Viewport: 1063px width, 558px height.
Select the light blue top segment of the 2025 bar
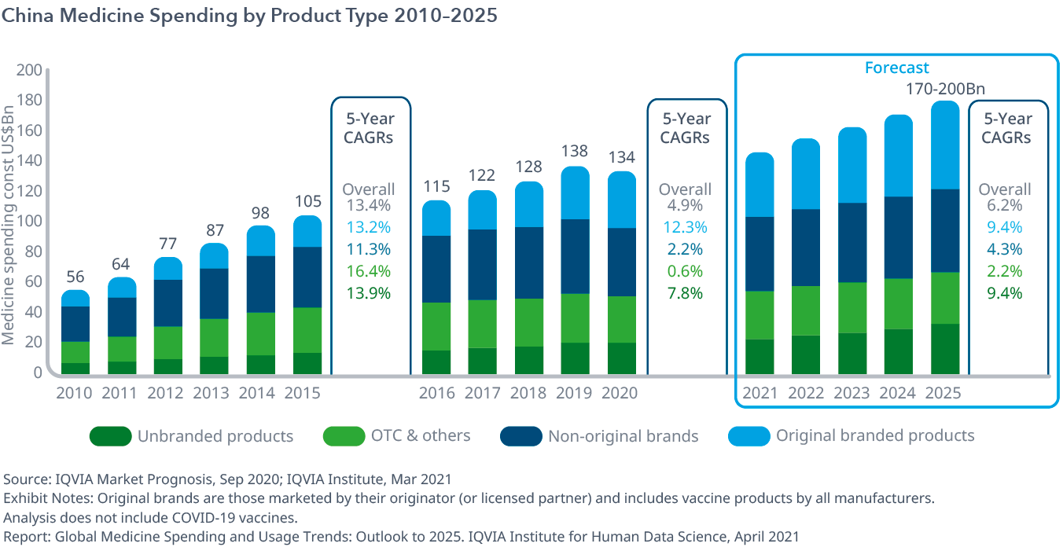tap(945, 145)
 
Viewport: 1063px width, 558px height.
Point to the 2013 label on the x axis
tap(213, 393)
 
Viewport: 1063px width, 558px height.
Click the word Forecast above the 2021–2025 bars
tap(896, 68)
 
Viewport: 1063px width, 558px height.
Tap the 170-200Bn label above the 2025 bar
tap(945, 89)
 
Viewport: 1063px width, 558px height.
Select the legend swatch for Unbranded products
tap(109, 436)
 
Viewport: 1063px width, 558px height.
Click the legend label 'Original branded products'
tap(875, 435)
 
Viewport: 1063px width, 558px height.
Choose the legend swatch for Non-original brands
tap(520, 436)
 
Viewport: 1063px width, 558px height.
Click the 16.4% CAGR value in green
tap(369, 271)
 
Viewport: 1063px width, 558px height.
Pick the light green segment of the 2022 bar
tap(806, 310)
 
